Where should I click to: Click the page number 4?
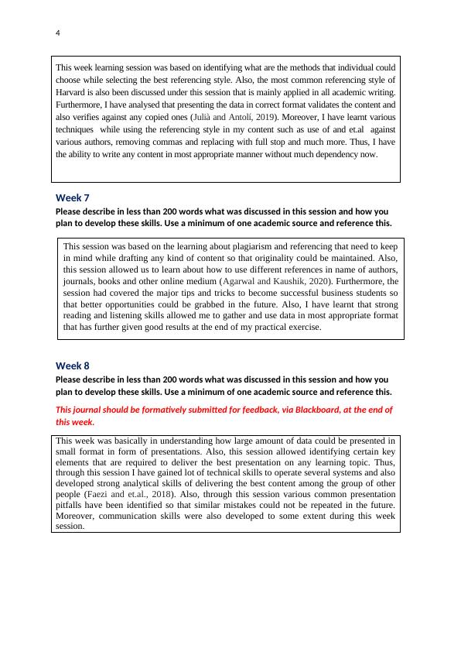pos(58,33)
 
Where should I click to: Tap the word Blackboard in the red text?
pos(295,410)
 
